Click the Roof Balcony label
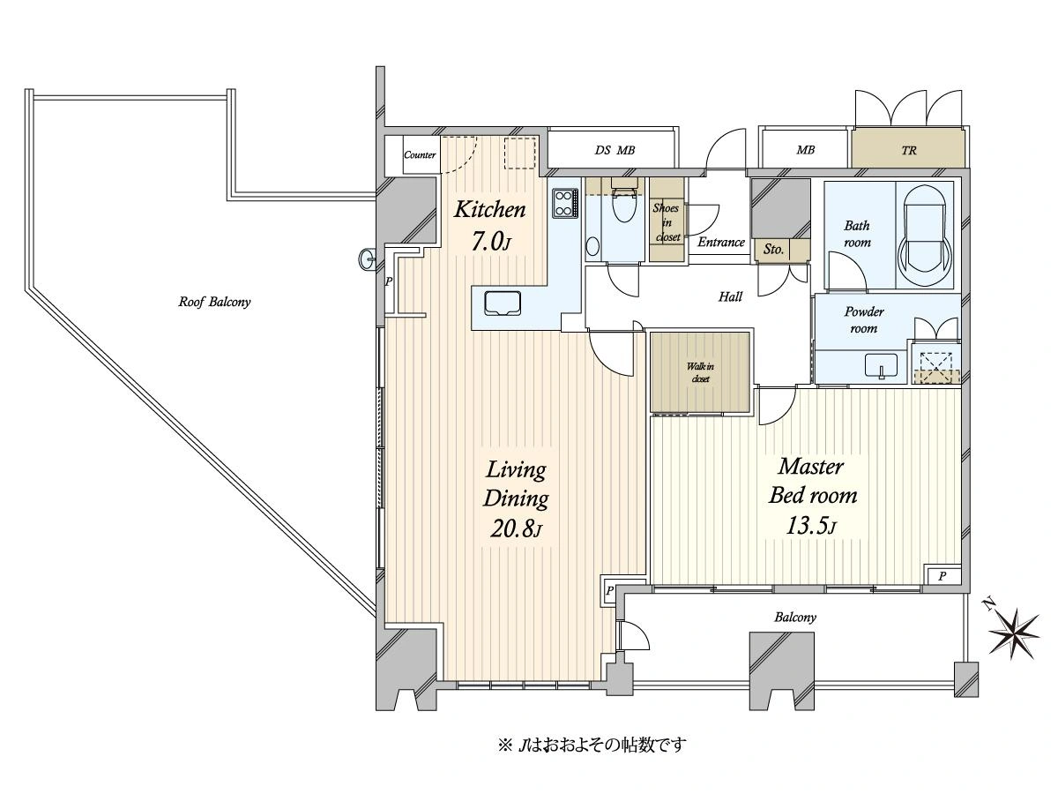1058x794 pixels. click(214, 303)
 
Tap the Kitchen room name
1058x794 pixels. click(489, 210)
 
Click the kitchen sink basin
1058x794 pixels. click(503, 303)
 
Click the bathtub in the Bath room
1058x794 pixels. click(924, 236)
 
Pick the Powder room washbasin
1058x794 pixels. click(881, 365)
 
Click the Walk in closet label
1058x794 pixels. click(700, 372)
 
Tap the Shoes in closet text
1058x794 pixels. click(667, 222)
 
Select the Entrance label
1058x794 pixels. click(721, 242)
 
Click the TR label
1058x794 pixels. click(909, 150)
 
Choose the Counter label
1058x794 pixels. click(420, 154)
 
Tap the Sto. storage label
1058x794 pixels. click(773, 250)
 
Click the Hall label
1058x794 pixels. click(730, 296)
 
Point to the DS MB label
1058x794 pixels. click(615, 150)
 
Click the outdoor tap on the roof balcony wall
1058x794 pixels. click(368, 259)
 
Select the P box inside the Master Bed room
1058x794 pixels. click(943, 575)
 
